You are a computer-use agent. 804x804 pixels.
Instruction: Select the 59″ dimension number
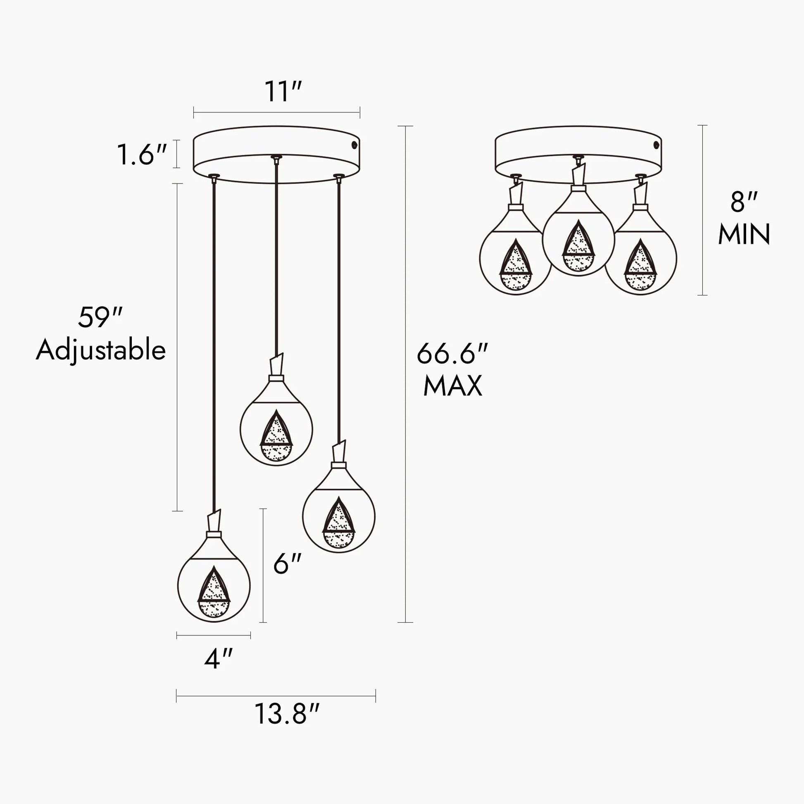point(100,318)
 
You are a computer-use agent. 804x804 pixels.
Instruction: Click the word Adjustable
point(101,351)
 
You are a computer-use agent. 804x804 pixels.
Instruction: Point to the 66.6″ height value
point(452,354)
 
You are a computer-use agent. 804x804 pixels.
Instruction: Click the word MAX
point(453,386)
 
